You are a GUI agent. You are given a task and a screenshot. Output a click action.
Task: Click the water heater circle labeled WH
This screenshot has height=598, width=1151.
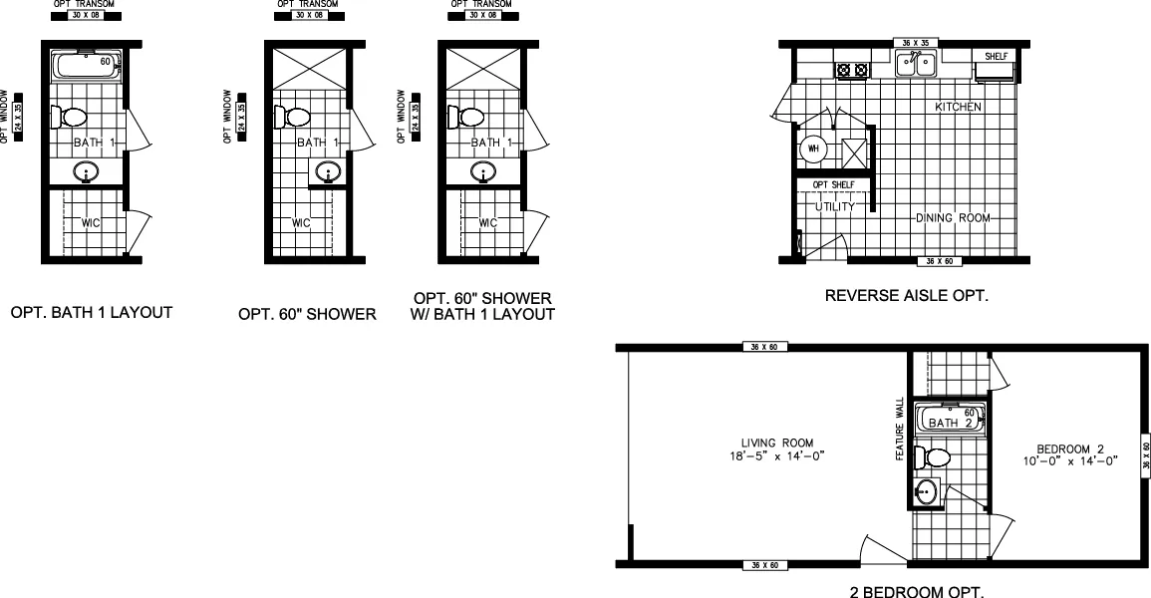point(813,149)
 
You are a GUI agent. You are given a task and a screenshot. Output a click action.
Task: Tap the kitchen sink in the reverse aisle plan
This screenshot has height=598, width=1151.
point(916,66)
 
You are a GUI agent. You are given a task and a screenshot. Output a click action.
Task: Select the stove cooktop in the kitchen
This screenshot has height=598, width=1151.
point(851,70)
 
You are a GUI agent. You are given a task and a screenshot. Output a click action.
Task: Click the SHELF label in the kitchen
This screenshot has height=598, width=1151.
point(996,57)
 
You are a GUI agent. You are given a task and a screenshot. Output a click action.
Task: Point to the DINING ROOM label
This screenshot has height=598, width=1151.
point(953,217)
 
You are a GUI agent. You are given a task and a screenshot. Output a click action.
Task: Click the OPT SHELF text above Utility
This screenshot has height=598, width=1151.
point(833,185)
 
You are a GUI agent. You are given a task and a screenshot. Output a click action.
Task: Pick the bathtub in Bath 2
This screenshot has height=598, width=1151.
point(950,419)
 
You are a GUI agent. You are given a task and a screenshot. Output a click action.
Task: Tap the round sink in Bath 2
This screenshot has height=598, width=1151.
point(927,491)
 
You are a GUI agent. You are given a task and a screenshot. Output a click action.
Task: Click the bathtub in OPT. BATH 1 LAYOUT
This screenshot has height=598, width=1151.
point(86,68)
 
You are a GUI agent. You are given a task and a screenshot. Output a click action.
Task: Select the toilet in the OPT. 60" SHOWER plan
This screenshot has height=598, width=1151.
point(298,117)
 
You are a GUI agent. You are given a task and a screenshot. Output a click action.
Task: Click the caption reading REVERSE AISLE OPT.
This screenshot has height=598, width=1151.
point(907,296)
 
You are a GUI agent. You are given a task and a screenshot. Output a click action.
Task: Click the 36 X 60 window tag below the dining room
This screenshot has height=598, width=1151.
point(937,261)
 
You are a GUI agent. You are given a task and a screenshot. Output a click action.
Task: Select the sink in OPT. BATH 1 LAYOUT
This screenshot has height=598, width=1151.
point(87,173)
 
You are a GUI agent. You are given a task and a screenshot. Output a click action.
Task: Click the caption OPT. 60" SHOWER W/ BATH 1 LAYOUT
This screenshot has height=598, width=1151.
point(483,307)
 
